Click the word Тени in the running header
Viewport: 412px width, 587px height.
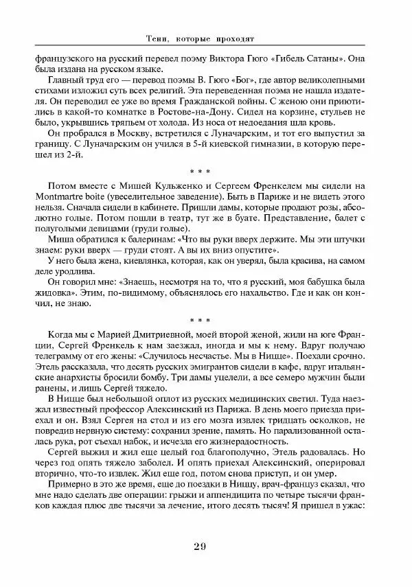159,38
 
